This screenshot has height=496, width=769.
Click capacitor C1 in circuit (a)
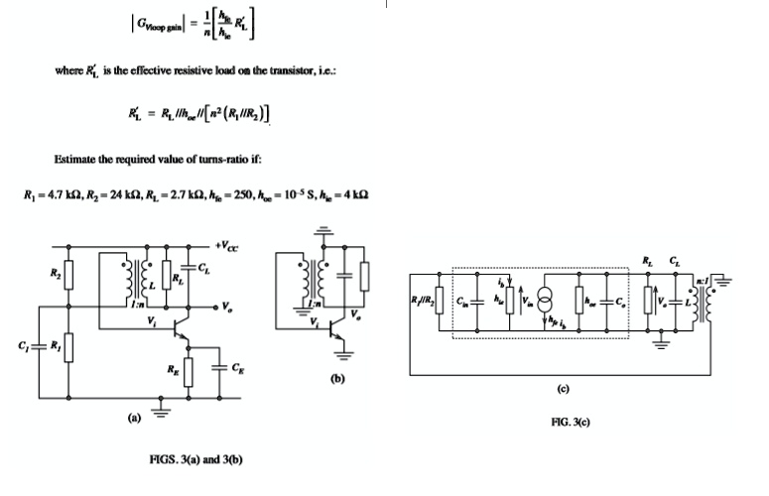(37, 347)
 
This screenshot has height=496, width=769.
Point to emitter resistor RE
(187, 372)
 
